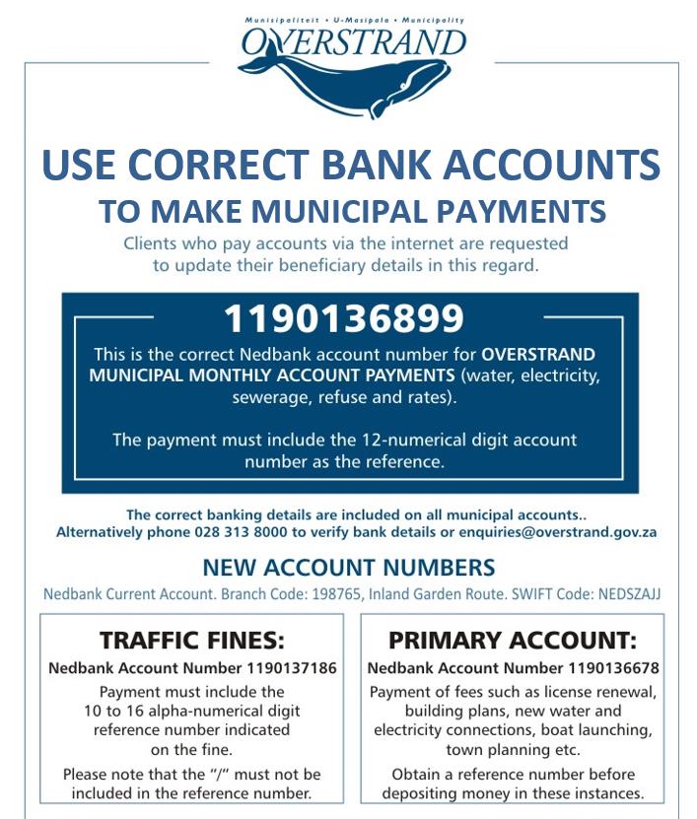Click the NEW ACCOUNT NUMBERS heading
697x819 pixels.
pyautogui.click(x=348, y=569)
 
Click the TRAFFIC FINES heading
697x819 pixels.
pyautogui.click(x=191, y=642)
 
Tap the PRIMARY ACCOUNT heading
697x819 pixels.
pyautogui.click(x=512, y=642)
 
